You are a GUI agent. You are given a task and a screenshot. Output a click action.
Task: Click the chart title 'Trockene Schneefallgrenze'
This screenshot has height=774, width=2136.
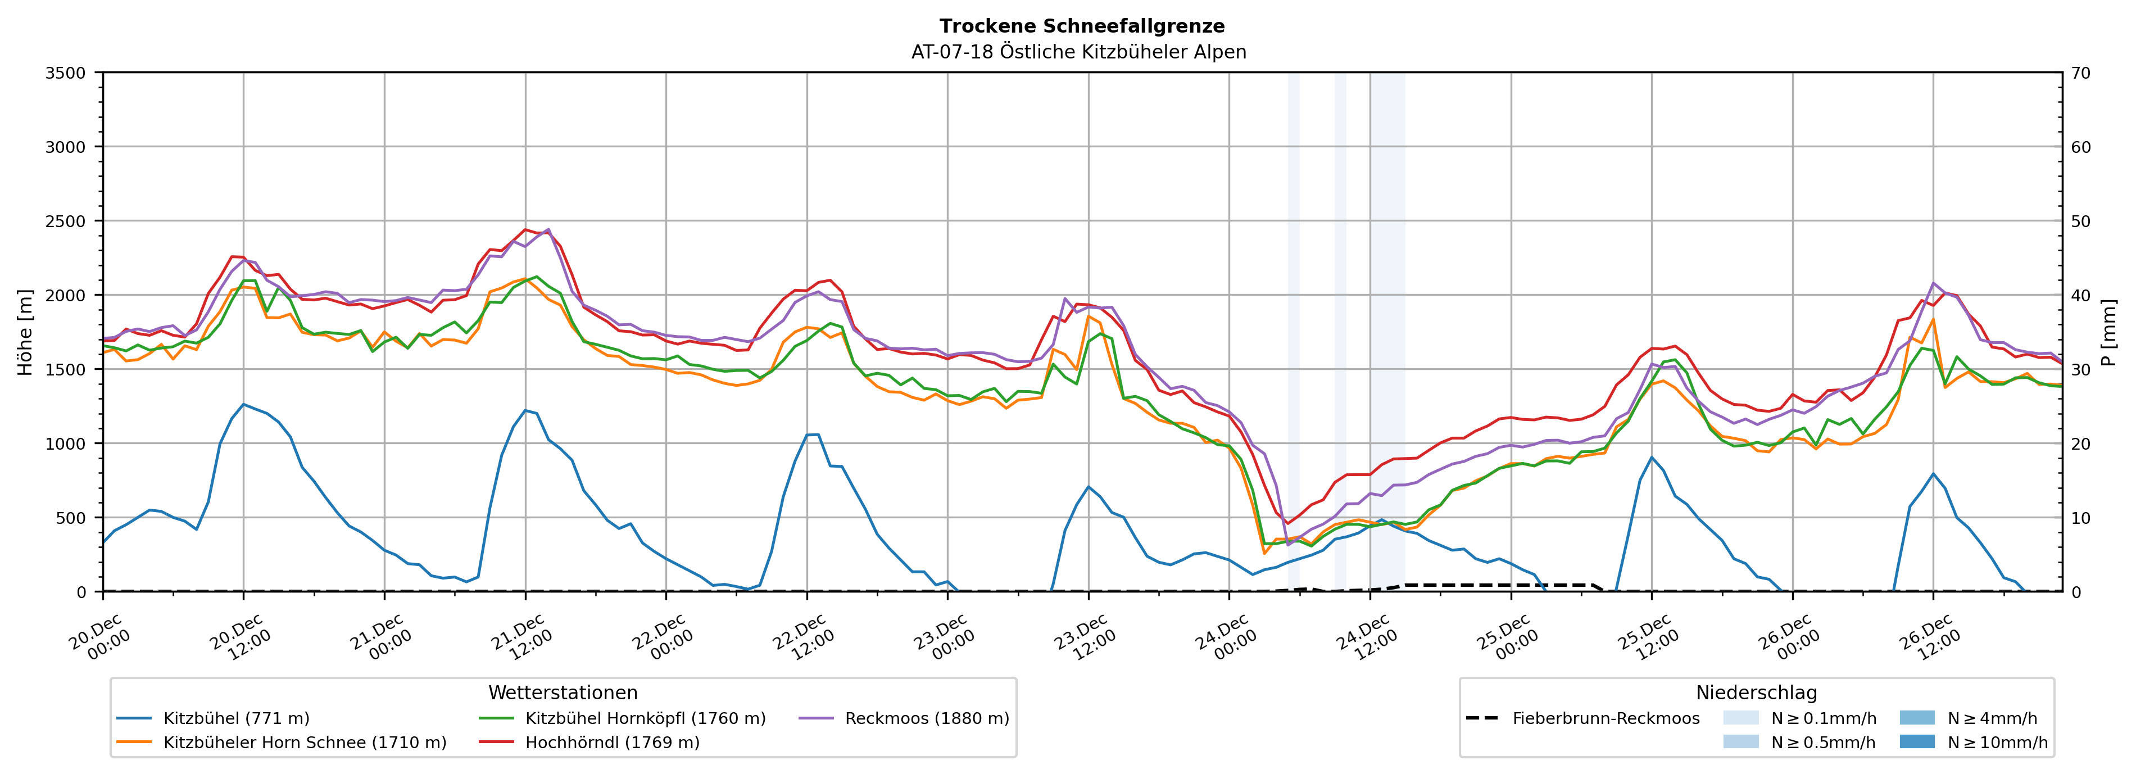pyautogui.click(x=1081, y=26)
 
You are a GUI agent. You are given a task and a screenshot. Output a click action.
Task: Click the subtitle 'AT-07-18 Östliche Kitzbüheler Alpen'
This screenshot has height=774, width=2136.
pyautogui.click(x=1078, y=52)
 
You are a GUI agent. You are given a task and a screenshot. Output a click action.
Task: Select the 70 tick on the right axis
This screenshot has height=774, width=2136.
pyautogui.click(x=2080, y=73)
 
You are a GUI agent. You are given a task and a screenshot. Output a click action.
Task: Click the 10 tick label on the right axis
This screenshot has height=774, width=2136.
pyautogui.click(x=2080, y=518)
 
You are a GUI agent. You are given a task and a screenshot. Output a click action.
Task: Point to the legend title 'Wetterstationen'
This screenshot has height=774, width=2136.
pyautogui.click(x=563, y=692)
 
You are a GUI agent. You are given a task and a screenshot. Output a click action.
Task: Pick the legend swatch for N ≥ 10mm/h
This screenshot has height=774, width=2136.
pyautogui.click(x=1916, y=741)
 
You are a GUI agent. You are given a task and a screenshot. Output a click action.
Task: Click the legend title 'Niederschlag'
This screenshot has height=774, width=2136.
pyautogui.click(x=1756, y=692)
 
